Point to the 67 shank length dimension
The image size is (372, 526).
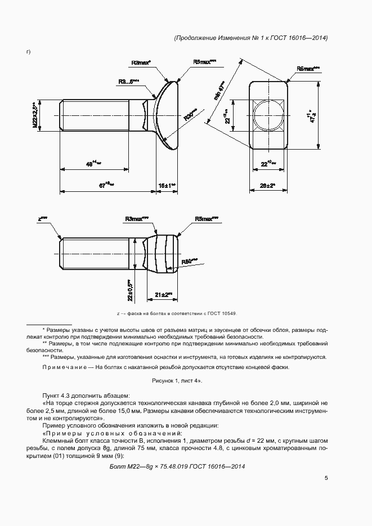coord(105,185)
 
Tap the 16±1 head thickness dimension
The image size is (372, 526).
coord(167,185)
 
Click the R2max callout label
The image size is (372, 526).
coord(141,63)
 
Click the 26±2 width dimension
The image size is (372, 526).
coord(267,185)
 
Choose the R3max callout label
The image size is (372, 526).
coord(136,218)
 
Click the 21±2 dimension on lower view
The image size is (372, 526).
coord(163,295)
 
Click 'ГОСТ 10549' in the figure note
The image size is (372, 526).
coord(222,313)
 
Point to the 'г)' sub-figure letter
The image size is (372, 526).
coord(28,52)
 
